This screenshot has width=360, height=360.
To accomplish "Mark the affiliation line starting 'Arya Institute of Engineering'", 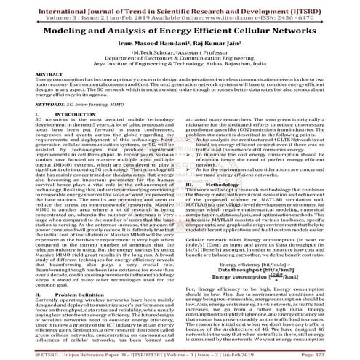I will [x=180, y=64].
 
